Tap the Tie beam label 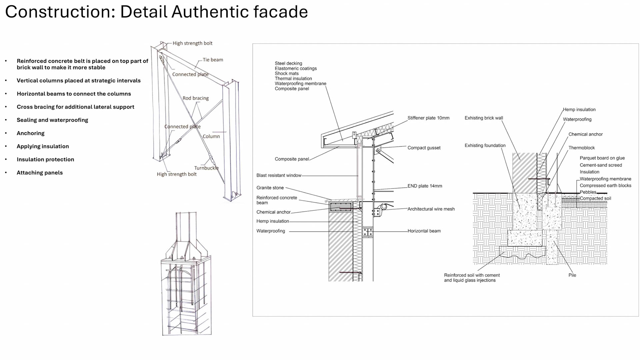[x=213, y=60]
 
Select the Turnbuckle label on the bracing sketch [x=206, y=168]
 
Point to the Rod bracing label [x=196, y=98]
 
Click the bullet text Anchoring [x=31, y=133]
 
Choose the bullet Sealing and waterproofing [x=52, y=120]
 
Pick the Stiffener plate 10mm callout [x=428, y=118]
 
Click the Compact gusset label [x=424, y=148]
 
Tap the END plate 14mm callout [x=425, y=186]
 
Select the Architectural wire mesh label [x=431, y=209]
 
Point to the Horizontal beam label [x=424, y=231]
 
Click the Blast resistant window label [x=279, y=175]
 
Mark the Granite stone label [x=270, y=188]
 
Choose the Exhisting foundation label [x=485, y=145]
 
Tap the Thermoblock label [x=581, y=148]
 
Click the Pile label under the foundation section [x=572, y=275]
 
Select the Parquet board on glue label [x=602, y=158]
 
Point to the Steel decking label [x=288, y=63]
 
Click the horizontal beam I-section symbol [x=368, y=232]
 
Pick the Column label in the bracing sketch [x=211, y=136]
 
